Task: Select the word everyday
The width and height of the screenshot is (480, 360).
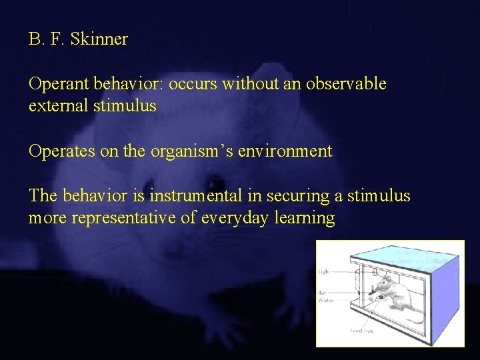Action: point(233,218)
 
